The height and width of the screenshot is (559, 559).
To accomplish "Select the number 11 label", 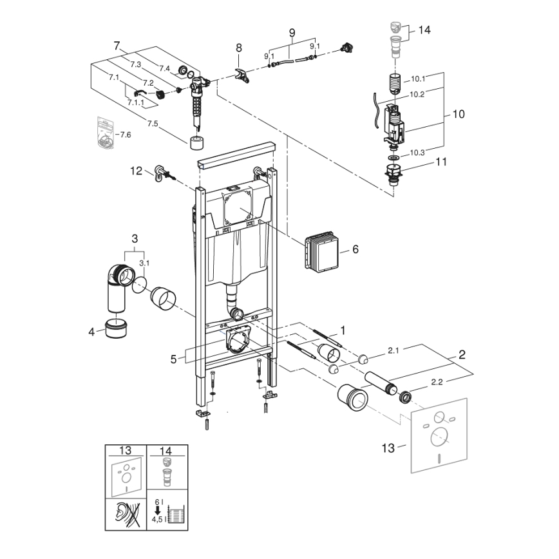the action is pyautogui.click(x=441, y=162).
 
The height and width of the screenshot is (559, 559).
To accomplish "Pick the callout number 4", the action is pyautogui.click(x=91, y=332).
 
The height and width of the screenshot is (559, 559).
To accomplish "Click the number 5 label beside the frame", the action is pyautogui.click(x=173, y=359).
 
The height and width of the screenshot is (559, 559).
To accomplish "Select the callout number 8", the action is pyautogui.click(x=239, y=48).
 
